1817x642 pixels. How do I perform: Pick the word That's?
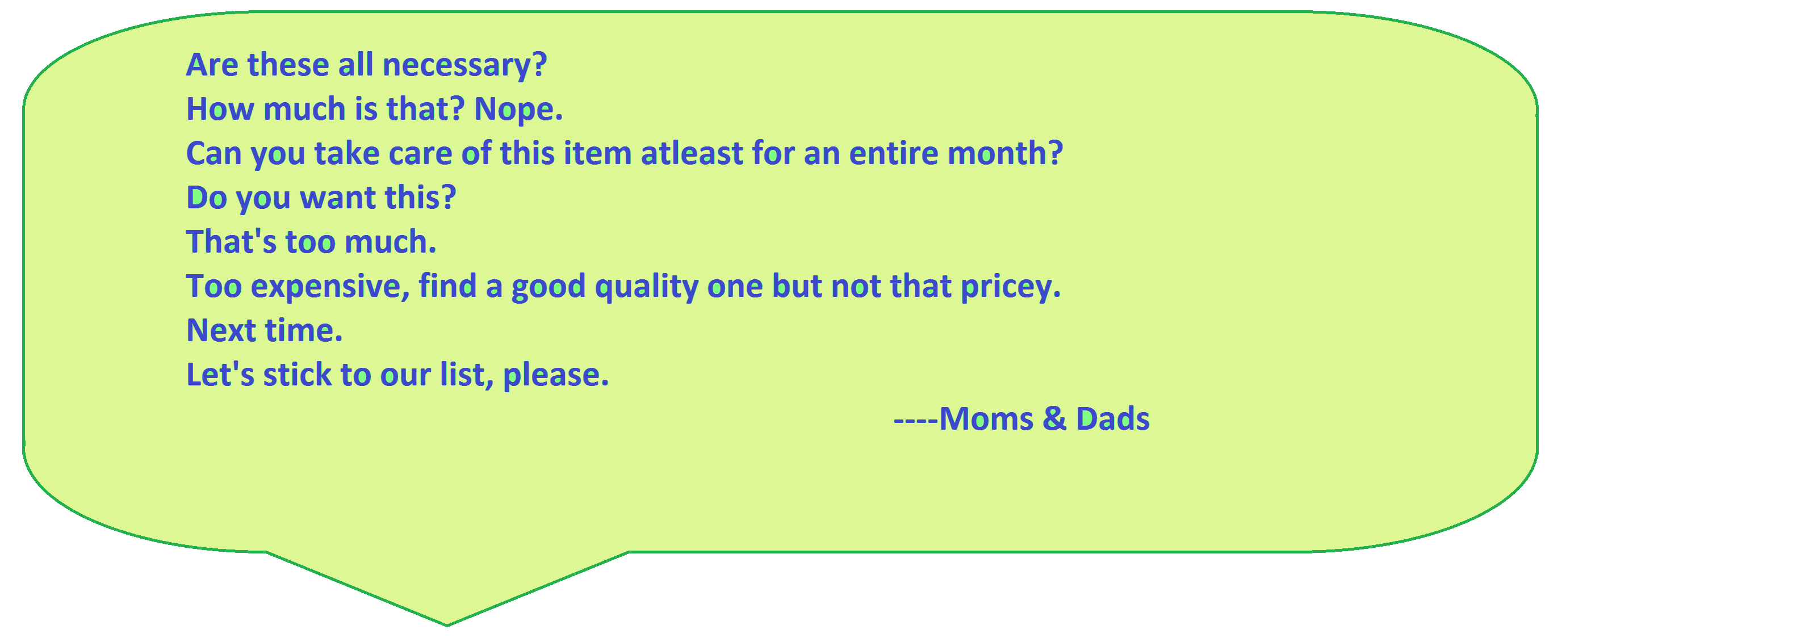pyautogui.click(x=231, y=242)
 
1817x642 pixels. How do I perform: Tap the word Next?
pyautogui.click(x=221, y=330)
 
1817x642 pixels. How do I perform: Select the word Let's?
pyautogui.click(x=220, y=375)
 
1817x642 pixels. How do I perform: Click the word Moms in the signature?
pyautogui.click(x=986, y=419)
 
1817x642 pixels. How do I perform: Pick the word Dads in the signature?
pyautogui.click(x=1113, y=419)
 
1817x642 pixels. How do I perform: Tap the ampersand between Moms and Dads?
pyautogui.click(x=1054, y=419)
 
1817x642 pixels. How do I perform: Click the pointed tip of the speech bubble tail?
pyautogui.click(x=447, y=626)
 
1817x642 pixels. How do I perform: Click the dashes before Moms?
pyautogui.click(x=915, y=421)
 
